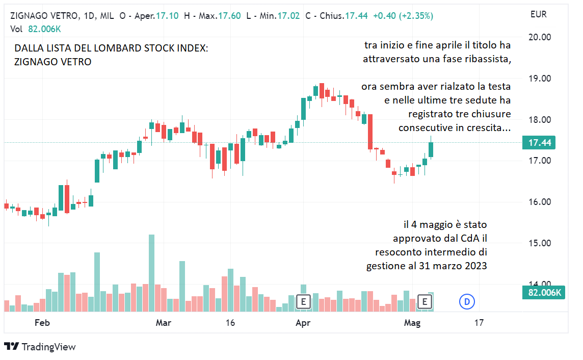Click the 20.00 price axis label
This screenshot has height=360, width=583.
coord(539,37)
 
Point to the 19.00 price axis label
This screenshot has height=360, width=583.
coord(539,79)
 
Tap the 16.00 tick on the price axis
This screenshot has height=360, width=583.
coord(539,202)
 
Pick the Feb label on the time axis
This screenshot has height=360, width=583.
coord(42,323)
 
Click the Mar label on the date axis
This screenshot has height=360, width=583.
coord(163,323)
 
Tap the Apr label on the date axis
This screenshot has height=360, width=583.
coord(303,323)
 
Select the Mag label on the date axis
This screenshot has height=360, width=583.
coord(412,323)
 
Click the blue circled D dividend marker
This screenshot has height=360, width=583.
coord(466,302)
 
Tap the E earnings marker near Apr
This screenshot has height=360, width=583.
coord(303,302)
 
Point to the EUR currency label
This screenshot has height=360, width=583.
coord(538,14)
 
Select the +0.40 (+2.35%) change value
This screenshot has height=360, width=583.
coord(403,16)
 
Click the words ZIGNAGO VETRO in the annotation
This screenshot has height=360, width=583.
coord(53,62)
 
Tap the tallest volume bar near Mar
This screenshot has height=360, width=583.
coord(151,273)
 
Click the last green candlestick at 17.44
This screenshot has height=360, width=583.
coord(431,149)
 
